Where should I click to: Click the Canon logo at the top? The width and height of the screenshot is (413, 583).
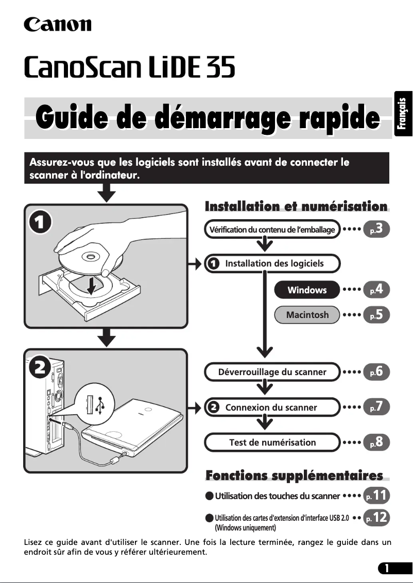coord(58,24)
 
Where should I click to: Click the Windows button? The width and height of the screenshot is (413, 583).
coord(307,290)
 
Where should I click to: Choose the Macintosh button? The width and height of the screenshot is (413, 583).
coord(307,315)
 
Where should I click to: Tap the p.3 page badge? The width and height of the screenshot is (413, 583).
coord(376,229)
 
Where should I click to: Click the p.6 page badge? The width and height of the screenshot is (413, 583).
coord(376,372)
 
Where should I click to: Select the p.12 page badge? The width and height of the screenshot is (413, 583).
coord(376,518)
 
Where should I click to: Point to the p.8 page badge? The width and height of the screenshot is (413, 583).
coord(376,442)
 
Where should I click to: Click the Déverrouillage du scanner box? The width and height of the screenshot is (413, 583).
coord(272,372)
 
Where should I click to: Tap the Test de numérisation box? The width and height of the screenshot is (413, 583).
coord(272,443)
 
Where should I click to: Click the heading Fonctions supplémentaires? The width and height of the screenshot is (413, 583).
coord(294,475)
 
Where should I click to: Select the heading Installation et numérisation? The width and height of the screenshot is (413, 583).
coord(296,207)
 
